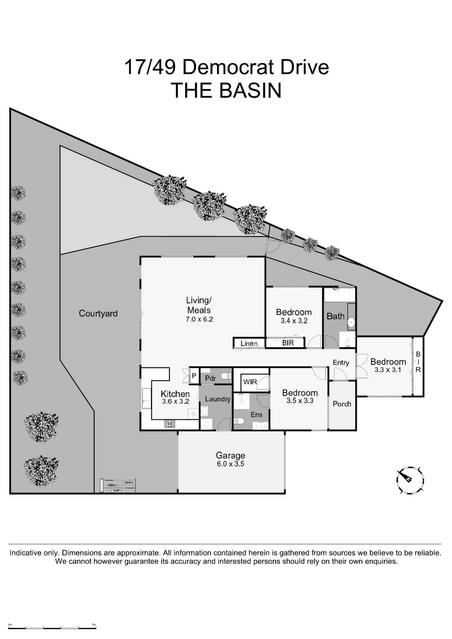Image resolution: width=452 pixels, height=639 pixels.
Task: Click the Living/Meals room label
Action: click(199, 305)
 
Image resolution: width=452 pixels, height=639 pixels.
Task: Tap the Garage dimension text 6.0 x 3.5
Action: click(230, 464)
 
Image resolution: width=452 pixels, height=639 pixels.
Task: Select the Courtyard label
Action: click(98, 314)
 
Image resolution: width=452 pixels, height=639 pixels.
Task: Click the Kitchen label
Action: click(175, 394)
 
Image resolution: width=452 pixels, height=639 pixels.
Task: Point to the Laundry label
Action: click(218, 399)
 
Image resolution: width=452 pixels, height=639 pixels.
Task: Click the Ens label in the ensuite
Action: click(256, 415)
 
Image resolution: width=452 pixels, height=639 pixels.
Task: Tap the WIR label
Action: click(250, 382)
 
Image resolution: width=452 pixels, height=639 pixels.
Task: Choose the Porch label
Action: click(342, 404)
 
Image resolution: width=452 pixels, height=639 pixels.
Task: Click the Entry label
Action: click(341, 363)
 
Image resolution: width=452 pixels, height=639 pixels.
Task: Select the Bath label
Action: click(335, 316)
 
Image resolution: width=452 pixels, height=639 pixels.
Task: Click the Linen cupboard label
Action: click(249, 343)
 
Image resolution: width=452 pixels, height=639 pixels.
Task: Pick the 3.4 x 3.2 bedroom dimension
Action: click(294, 321)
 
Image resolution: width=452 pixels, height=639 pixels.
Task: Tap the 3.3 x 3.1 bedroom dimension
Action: click(388, 370)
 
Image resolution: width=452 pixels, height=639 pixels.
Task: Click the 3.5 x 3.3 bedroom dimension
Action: click(300, 401)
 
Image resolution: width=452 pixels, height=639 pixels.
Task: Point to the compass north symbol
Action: click(410, 480)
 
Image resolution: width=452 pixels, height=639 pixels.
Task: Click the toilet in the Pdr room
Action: click(226, 376)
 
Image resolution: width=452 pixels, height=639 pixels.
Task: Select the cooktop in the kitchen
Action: click(170, 424)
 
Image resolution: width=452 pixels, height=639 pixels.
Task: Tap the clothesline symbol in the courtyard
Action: click(118, 486)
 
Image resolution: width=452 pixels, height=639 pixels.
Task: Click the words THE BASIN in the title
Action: click(226, 91)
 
